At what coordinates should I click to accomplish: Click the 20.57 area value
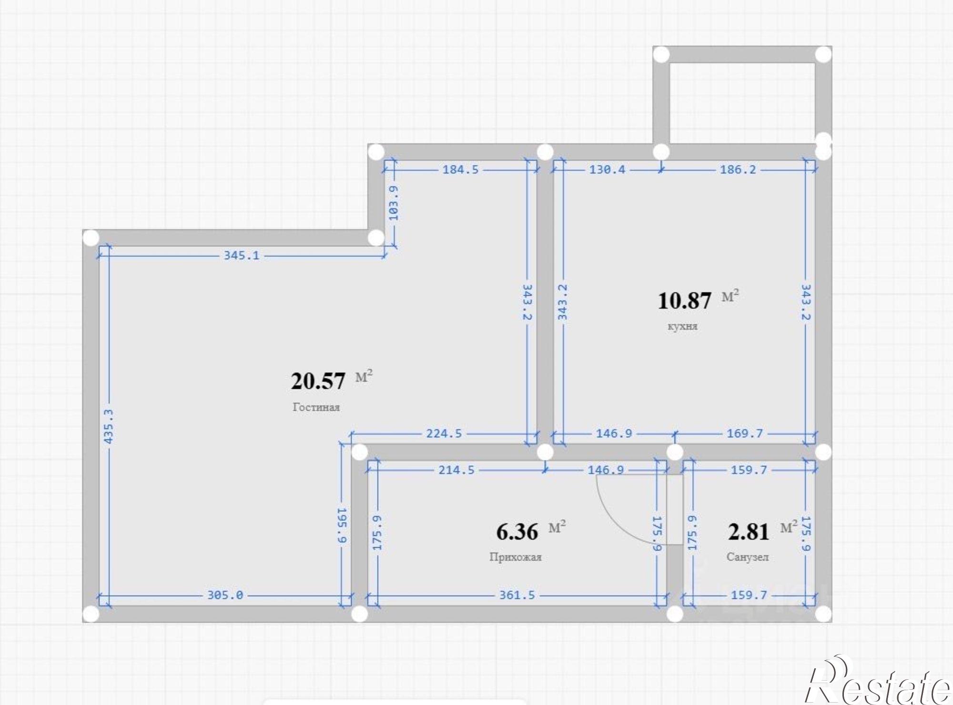pyautogui.click(x=318, y=382)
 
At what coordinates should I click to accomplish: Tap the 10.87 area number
pyautogui.click(x=684, y=301)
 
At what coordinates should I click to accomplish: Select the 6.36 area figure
pyautogui.click(x=517, y=532)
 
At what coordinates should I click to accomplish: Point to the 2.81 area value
pyautogui.click(x=749, y=532)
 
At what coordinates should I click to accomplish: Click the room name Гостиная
pyautogui.click(x=316, y=407)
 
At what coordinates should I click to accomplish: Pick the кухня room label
pyautogui.click(x=682, y=327)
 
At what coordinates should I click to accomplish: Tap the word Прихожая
pyautogui.click(x=515, y=557)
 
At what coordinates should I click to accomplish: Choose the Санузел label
pyautogui.click(x=747, y=557)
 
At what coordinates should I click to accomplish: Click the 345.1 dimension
pyautogui.click(x=242, y=255)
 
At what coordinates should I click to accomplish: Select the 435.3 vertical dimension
pyautogui.click(x=109, y=426)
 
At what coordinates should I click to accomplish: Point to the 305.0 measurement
pyautogui.click(x=225, y=595)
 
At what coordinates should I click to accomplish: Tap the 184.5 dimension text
pyautogui.click(x=460, y=170)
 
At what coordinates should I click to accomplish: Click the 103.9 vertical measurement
pyautogui.click(x=394, y=203)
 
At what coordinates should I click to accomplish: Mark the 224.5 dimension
pyautogui.click(x=444, y=433)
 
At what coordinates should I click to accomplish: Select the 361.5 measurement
pyautogui.click(x=517, y=595)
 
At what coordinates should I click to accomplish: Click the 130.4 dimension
pyautogui.click(x=607, y=170)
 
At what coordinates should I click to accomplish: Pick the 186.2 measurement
pyautogui.click(x=738, y=170)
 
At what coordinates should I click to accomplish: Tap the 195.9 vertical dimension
pyautogui.click(x=342, y=525)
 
